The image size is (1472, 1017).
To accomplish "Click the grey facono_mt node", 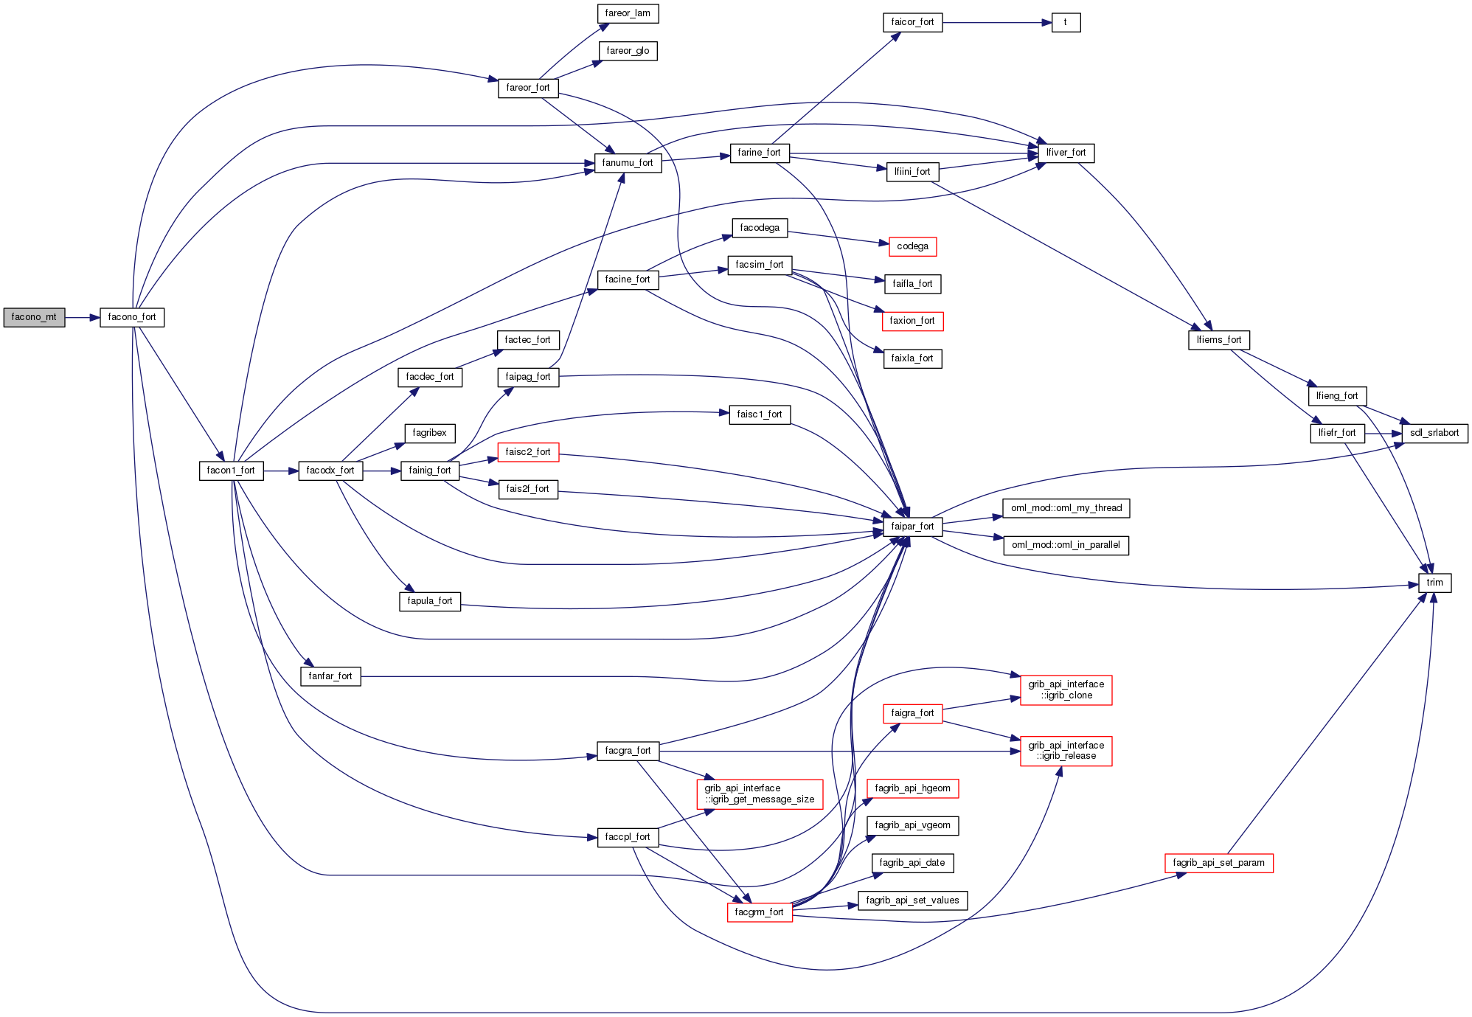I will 34,317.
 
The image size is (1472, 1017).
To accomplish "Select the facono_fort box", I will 132,317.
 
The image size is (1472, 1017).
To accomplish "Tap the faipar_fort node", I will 912,527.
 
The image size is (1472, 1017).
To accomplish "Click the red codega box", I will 912,246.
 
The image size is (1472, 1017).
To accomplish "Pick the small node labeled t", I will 1066,23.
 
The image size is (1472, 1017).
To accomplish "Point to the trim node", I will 1434,583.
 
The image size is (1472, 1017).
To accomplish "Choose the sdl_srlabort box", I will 1434,433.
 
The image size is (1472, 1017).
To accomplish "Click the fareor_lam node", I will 628,13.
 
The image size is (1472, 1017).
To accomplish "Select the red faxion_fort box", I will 912,321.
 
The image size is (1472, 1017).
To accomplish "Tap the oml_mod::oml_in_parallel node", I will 1066,545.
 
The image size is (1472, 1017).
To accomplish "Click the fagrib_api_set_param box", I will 1218,863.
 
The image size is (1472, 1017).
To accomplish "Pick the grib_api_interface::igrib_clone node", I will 1066,690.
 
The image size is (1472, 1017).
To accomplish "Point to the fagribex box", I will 429,433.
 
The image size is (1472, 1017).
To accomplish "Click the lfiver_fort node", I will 1066,153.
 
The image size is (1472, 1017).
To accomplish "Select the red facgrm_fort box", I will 759,912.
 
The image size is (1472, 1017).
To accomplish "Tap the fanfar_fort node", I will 330,676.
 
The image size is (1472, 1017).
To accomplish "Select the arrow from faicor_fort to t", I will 996,23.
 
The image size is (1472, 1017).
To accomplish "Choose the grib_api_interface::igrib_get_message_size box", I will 759,794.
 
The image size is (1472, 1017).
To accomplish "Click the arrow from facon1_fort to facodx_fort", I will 280,471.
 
